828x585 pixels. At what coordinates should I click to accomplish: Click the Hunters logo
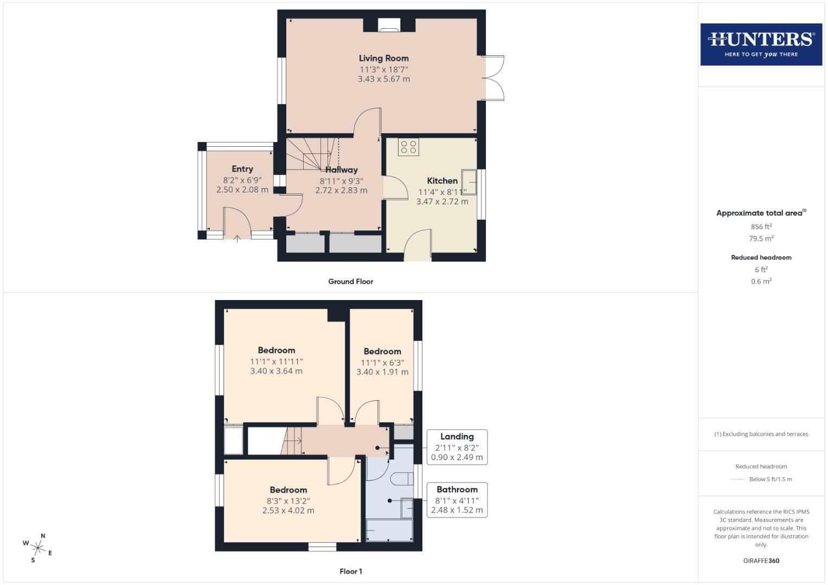761,44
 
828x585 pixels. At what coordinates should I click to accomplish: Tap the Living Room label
383,58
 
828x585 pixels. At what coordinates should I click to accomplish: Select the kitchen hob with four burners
408,147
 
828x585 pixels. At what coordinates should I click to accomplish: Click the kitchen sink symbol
468,182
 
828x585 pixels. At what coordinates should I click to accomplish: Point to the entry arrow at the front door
237,238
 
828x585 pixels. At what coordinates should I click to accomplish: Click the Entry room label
242,169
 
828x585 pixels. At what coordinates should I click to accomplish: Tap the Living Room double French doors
493,78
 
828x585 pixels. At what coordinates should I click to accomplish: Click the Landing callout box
457,447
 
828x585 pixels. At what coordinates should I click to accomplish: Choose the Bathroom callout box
457,499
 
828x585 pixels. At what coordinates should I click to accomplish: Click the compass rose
38,548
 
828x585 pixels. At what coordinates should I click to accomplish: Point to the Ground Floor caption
350,282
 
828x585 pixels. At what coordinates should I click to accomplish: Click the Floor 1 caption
350,571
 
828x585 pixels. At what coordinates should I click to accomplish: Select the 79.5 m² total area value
761,238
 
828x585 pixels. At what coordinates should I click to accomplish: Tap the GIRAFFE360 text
761,561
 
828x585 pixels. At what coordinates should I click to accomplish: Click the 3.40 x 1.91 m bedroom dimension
382,372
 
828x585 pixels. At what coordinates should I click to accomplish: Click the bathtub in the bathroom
389,530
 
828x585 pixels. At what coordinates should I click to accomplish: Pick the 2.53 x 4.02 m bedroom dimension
288,510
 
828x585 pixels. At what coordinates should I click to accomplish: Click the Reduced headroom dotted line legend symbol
738,479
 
